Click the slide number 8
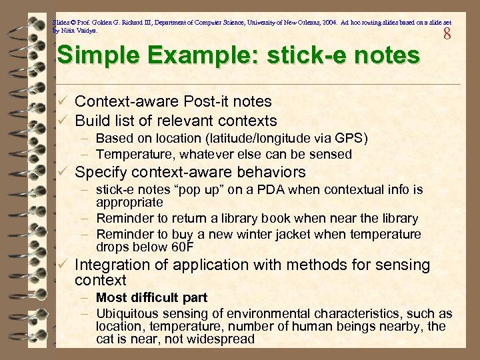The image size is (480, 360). point(447,32)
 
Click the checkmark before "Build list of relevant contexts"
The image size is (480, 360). point(62,121)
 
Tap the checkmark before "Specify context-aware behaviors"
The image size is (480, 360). point(62,172)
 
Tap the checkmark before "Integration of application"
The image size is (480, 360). point(62,265)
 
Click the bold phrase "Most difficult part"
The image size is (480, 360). point(151,297)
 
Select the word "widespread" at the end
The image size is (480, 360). point(223,339)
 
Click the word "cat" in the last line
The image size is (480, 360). point(106,339)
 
